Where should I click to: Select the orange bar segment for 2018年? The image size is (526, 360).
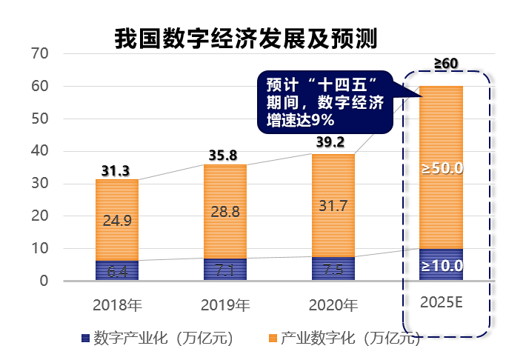tap(117, 219)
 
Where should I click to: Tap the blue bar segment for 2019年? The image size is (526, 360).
tap(225, 270)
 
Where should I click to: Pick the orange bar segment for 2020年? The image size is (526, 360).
tap(333, 205)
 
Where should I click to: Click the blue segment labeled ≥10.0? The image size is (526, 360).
tap(442, 265)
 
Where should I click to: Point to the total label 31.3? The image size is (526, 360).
tap(116, 172)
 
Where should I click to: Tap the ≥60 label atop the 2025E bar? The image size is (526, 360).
tap(445, 64)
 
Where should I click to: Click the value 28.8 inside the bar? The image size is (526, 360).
tap(225, 212)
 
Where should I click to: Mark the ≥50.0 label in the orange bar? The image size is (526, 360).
tap(442, 168)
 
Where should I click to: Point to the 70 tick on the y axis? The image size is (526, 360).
tap(40, 54)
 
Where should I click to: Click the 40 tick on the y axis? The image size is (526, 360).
tap(40, 151)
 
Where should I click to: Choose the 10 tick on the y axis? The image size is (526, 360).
tap(40, 249)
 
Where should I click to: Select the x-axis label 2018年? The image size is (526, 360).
tap(117, 304)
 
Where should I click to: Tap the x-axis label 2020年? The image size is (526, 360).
tap(333, 304)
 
